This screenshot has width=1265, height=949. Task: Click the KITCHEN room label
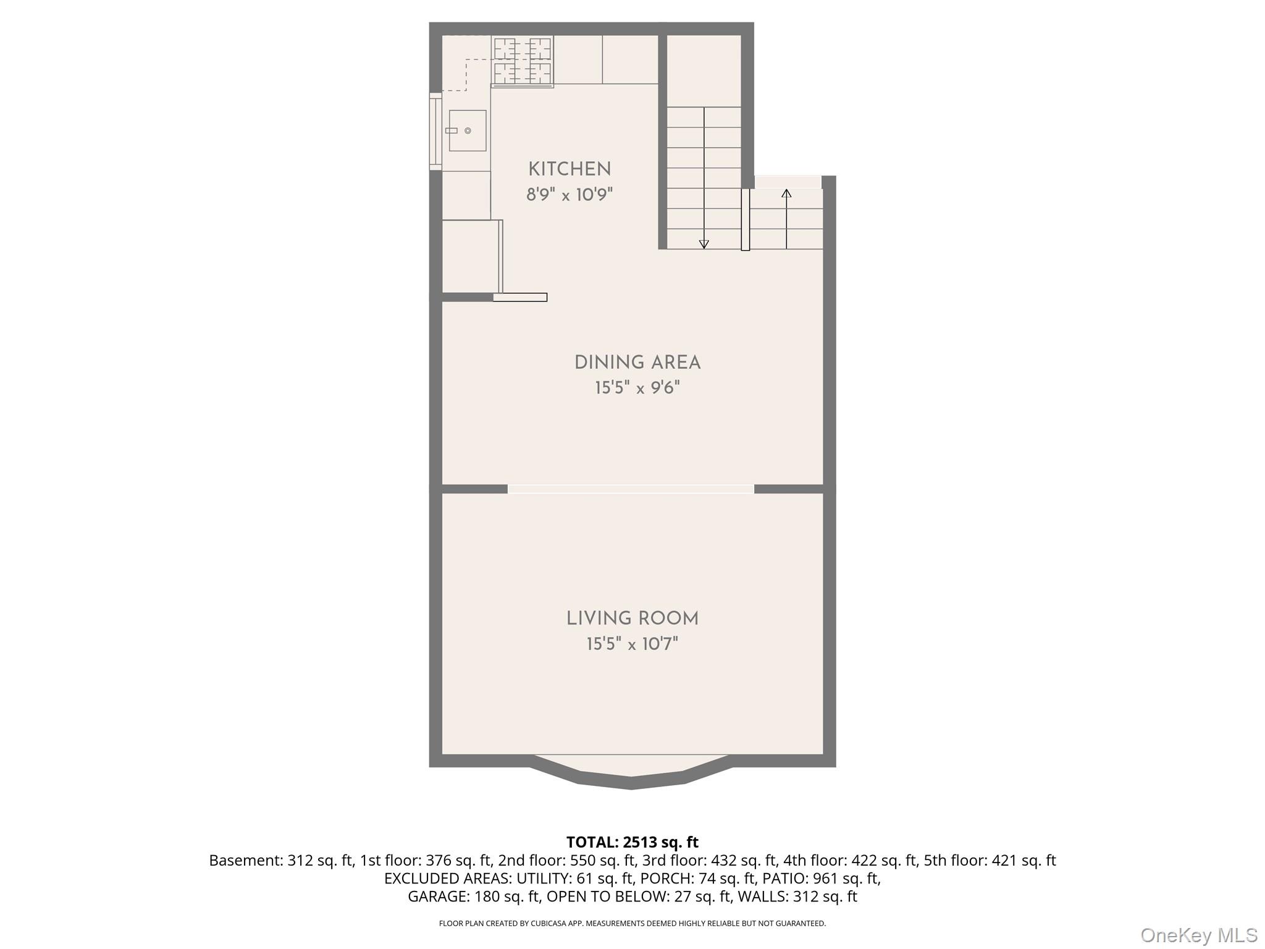(x=569, y=169)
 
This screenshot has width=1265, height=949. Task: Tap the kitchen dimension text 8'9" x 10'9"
(x=569, y=195)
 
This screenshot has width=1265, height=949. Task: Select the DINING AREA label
(x=637, y=363)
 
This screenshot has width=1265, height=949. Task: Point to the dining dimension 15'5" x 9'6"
(x=637, y=389)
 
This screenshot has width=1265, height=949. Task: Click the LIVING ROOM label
(x=632, y=618)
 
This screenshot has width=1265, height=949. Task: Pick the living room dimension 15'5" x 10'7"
(x=632, y=644)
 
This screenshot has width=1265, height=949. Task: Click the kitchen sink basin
(x=468, y=130)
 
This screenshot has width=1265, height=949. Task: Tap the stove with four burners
(x=523, y=61)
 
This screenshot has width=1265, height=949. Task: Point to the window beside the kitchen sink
(x=435, y=131)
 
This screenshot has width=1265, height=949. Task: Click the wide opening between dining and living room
(x=631, y=489)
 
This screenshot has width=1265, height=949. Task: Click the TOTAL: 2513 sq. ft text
(x=632, y=842)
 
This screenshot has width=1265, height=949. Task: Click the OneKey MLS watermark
(x=1198, y=935)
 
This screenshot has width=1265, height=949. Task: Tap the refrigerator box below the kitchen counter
(x=470, y=256)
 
